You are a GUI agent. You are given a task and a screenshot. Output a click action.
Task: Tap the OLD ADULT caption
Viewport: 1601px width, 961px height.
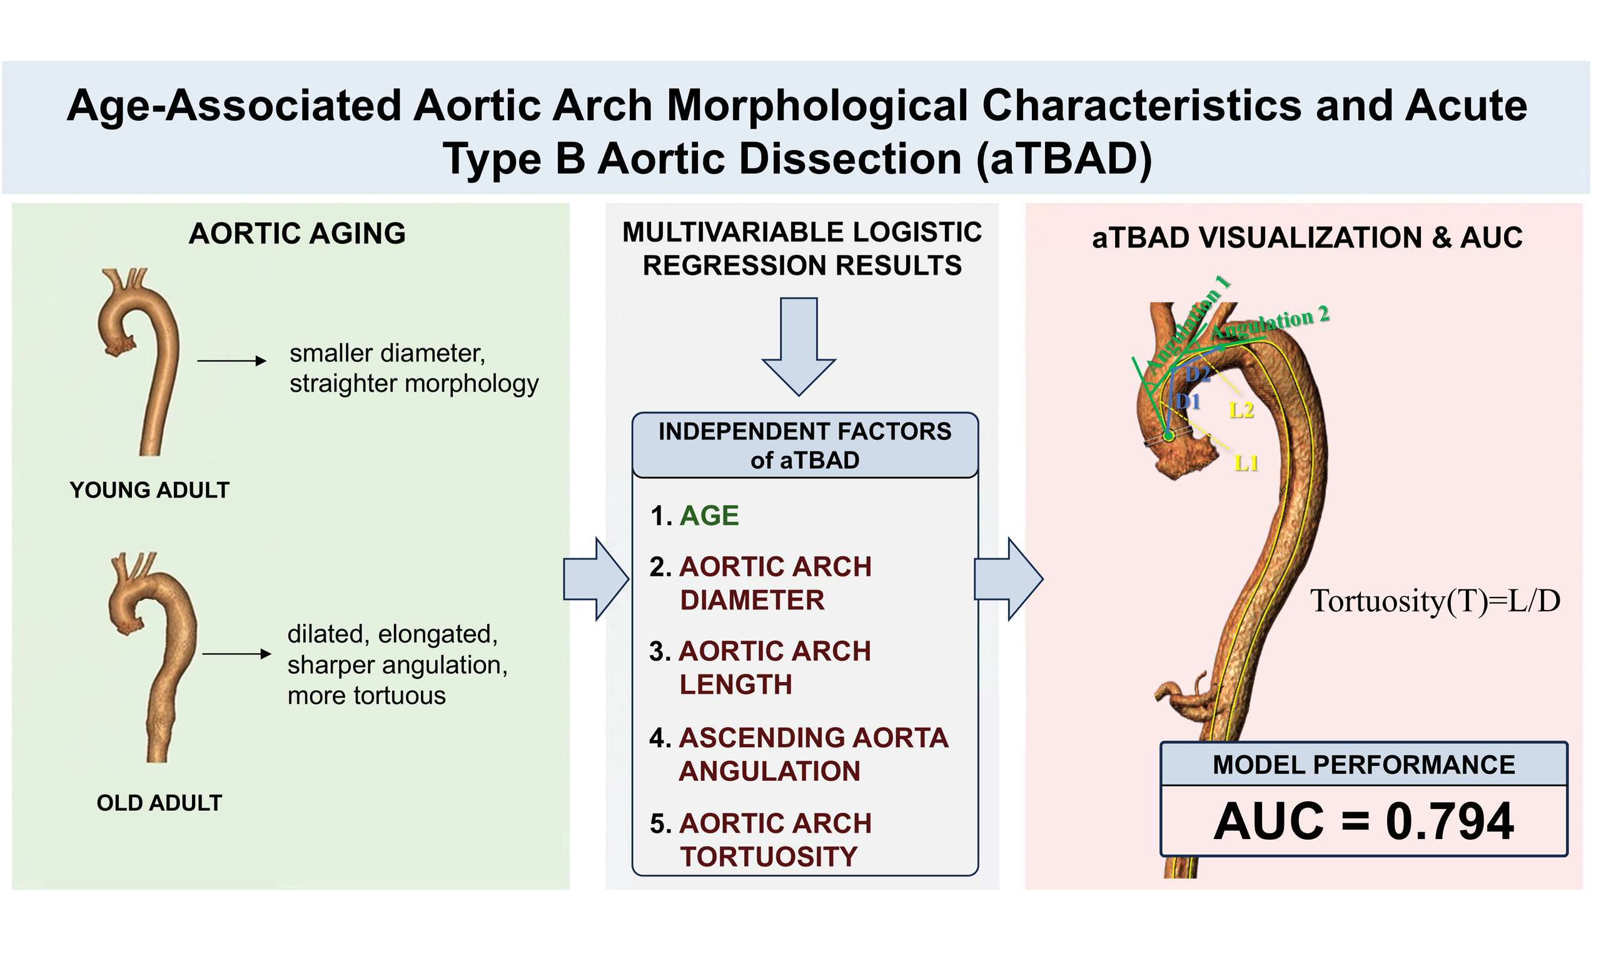tap(159, 802)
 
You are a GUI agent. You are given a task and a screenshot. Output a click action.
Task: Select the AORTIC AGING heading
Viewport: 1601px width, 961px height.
tap(297, 233)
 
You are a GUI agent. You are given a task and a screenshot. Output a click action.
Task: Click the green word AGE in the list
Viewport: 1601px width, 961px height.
tap(709, 516)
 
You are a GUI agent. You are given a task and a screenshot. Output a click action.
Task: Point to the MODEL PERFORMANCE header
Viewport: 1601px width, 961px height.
tap(1363, 765)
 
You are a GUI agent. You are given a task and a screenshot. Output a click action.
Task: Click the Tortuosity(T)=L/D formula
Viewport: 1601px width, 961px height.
tap(1435, 602)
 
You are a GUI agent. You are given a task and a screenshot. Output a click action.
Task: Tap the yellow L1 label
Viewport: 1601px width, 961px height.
tap(1246, 463)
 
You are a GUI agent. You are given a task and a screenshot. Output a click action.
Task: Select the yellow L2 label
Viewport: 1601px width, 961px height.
tap(1241, 410)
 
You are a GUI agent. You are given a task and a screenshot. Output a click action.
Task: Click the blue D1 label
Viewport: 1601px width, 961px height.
tap(1188, 402)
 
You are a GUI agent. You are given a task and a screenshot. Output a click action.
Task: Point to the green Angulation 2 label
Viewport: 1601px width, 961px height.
tap(1270, 322)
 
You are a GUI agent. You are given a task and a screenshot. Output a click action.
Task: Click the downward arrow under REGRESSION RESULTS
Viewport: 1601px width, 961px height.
tap(799, 347)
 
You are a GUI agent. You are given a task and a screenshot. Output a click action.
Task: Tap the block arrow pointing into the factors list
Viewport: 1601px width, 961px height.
tap(596, 579)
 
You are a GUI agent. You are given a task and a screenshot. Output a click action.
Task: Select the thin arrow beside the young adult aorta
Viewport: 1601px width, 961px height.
tap(231, 361)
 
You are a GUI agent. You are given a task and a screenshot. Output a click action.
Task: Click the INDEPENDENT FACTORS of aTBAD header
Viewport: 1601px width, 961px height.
tap(805, 445)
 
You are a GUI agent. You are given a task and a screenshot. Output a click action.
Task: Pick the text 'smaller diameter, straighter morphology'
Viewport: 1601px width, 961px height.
tap(414, 368)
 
